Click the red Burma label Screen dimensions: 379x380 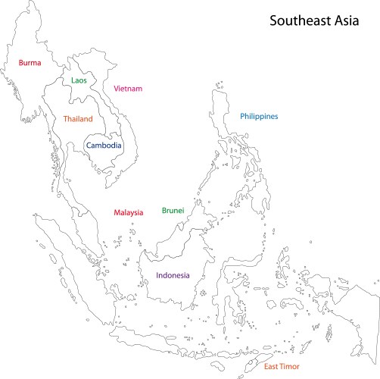coord(30,64)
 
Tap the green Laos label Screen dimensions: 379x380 coord(79,80)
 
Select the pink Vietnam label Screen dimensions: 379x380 coord(128,89)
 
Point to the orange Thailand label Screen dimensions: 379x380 coord(78,119)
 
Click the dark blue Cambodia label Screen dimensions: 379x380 coord(104,146)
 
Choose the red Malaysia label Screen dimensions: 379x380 coord(128,213)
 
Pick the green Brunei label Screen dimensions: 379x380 coord(173,211)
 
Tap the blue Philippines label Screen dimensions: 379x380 coord(259,117)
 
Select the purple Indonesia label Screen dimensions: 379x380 coord(173,275)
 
